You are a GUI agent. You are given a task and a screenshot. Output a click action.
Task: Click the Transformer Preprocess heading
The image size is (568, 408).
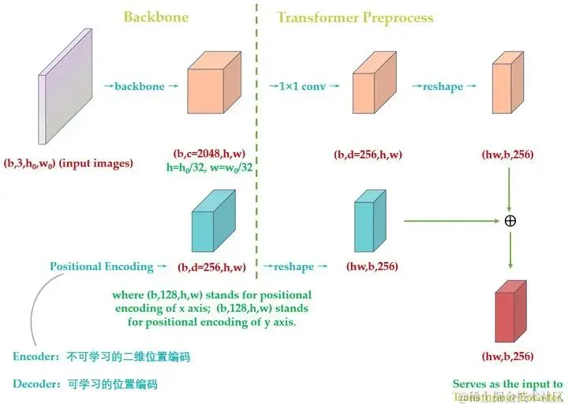pyautogui.click(x=354, y=17)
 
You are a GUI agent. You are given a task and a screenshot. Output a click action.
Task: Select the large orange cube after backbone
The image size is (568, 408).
pyautogui.click(x=213, y=87)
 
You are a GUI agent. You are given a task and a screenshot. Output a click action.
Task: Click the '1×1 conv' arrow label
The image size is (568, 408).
pyautogui.click(x=303, y=86)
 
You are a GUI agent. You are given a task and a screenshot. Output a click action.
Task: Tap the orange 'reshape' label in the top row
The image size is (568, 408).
pyautogui.click(x=443, y=87)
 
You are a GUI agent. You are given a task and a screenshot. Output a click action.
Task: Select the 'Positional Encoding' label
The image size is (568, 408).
pyautogui.click(x=102, y=267)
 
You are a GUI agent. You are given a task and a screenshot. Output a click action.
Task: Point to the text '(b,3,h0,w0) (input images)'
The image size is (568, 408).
pyautogui.click(x=69, y=163)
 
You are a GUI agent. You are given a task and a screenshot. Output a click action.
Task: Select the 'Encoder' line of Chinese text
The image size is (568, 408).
pyautogui.click(x=102, y=357)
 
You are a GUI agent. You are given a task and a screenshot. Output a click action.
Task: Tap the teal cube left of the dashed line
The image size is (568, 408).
pyautogui.click(x=213, y=223)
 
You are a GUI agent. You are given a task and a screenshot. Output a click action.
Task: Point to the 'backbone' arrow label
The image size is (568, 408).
pyautogui.click(x=140, y=86)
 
